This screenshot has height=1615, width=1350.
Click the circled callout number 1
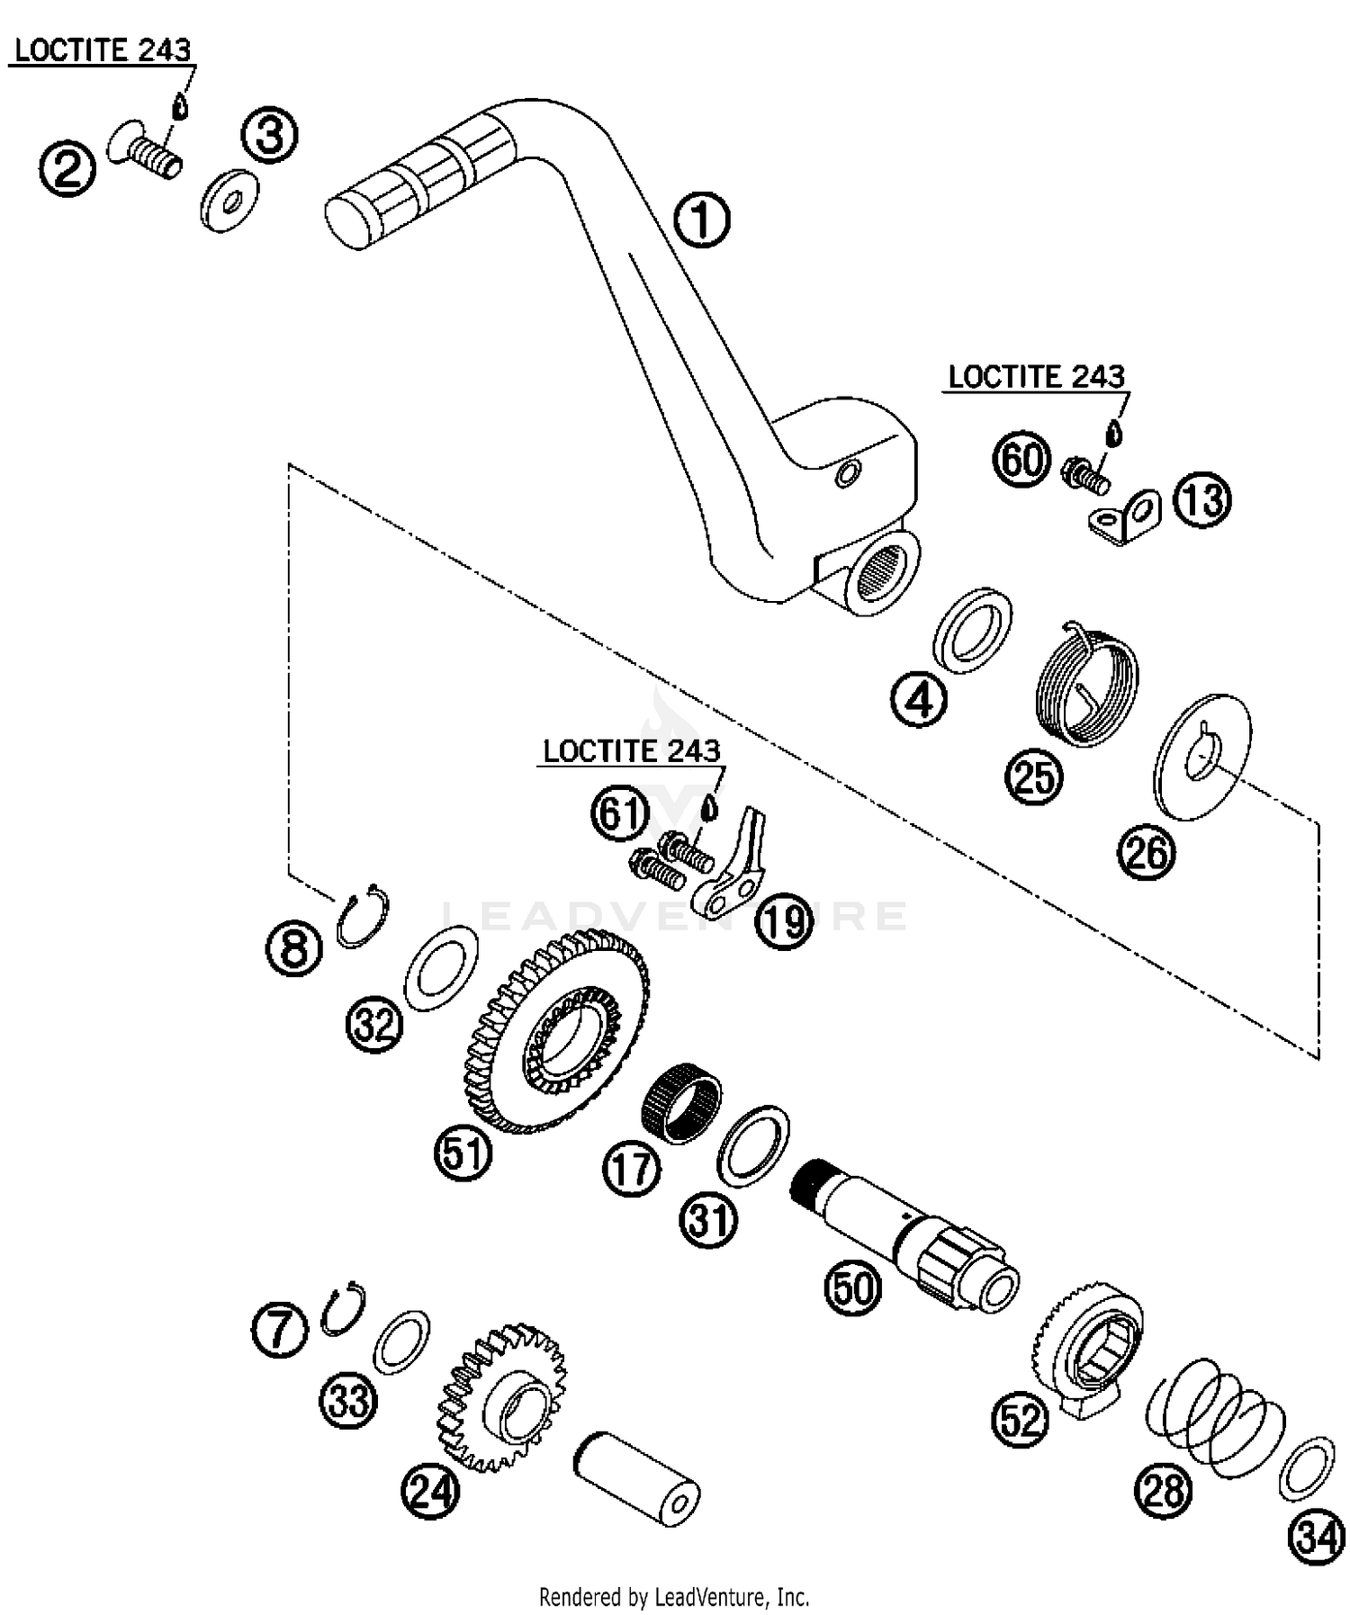702,221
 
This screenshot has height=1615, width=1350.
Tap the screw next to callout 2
144,152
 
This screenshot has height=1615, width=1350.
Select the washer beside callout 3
229,201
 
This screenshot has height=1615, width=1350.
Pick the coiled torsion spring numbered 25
1084,682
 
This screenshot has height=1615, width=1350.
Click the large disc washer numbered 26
1202,756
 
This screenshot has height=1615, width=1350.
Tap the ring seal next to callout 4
972,630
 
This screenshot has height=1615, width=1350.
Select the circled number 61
620,814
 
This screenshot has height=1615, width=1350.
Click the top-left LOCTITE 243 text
103,50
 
